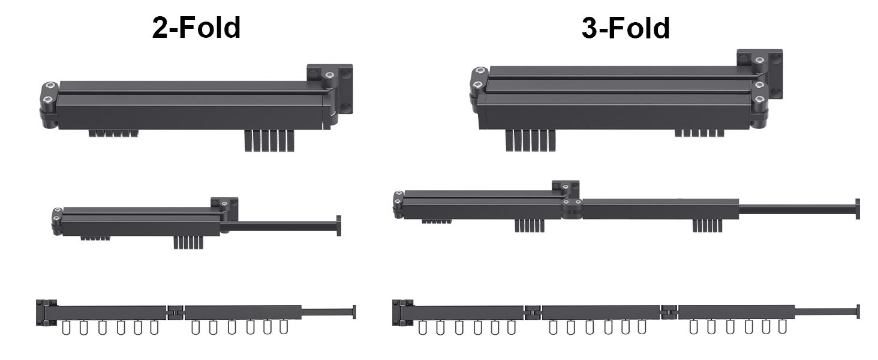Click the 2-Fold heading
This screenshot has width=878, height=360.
[196, 28]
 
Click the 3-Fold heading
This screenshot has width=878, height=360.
[626, 28]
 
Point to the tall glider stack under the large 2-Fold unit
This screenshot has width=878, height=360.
[269, 141]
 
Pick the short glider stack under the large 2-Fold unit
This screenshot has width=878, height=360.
[113, 133]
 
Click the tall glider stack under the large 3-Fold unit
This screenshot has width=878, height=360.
[530, 140]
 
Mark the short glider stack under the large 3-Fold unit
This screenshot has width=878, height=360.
[699, 133]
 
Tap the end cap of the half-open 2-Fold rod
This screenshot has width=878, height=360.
[339, 226]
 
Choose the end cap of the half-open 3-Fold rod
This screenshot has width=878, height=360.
[858, 209]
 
